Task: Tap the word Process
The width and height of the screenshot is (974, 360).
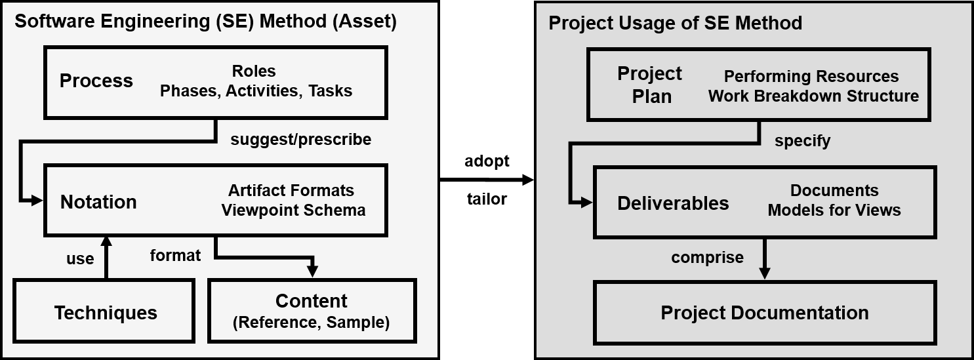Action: [96, 81]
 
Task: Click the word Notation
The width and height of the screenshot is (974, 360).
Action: [98, 202]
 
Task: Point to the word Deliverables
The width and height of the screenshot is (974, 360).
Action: [673, 203]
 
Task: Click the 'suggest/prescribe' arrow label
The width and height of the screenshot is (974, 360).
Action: [301, 139]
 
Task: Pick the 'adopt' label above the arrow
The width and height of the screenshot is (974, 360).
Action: [487, 161]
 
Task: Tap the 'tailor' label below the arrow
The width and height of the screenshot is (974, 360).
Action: [487, 199]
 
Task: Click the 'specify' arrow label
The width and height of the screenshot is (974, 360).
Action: [802, 141]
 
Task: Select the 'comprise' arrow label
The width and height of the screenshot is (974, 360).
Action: [708, 258]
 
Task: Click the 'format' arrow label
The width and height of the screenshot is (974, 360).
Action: [175, 255]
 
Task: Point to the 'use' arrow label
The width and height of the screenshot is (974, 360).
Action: [80, 259]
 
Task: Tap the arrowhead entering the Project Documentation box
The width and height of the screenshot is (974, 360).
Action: [764, 273]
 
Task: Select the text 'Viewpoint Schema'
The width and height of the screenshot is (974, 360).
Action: [293, 210]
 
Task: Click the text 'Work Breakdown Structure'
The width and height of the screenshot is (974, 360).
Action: [813, 96]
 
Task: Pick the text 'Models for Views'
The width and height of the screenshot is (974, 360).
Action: [834, 210]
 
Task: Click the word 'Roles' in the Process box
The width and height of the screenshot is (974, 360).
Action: [254, 71]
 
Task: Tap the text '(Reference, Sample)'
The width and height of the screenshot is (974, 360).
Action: [312, 322]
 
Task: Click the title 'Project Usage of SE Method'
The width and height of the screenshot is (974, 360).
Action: [676, 22]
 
